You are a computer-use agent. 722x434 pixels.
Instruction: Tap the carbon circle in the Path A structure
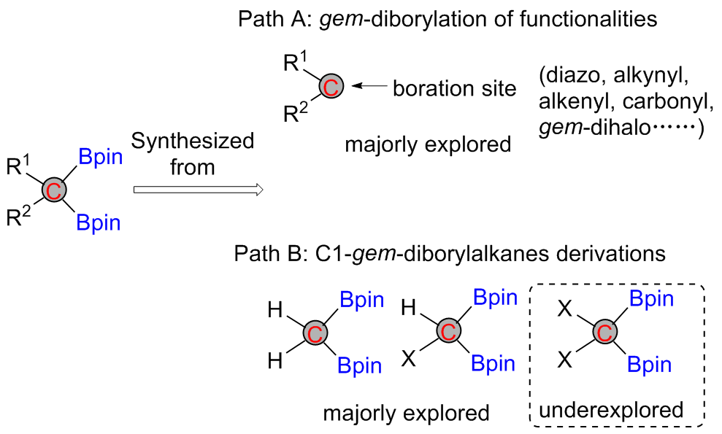(x=330, y=88)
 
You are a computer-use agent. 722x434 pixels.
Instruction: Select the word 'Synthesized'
(x=193, y=141)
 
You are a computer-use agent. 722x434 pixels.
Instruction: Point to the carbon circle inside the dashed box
(x=604, y=332)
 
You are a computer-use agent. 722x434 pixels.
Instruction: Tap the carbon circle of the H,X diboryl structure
(x=448, y=330)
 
